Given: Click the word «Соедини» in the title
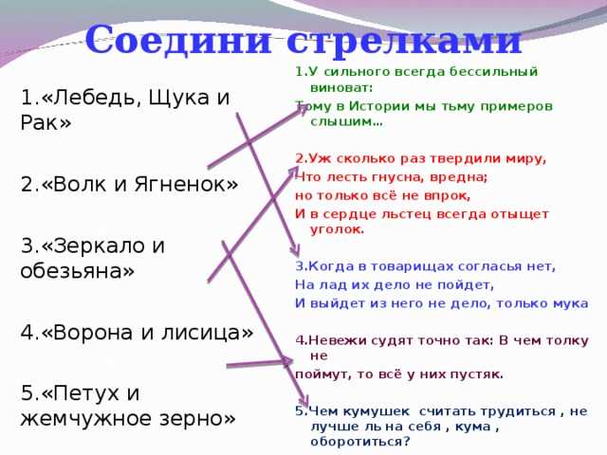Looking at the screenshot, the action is click(x=177, y=40).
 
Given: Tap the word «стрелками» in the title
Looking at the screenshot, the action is click(x=404, y=41).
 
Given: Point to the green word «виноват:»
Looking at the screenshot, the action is click(x=341, y=88).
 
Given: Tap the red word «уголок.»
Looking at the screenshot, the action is click(x=338, y=229).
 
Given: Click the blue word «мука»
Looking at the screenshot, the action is click(x=571, y=303).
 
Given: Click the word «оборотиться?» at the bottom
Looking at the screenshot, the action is click(x=360, y=442).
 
